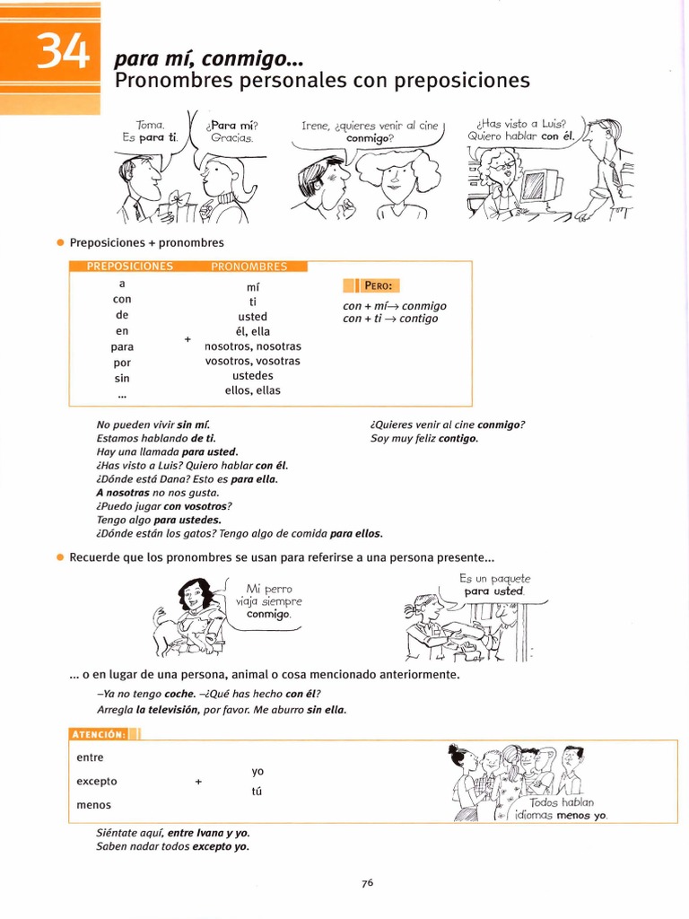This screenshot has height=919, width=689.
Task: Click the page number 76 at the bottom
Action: [x=367, y=882]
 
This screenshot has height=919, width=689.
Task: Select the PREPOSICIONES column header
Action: [x=129, y=267]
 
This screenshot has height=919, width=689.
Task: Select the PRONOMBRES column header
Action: [x=249, y=267]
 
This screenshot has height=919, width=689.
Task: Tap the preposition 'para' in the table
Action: [x=122, y=346]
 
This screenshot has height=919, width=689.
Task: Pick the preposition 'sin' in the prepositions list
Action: [x=122, y=378]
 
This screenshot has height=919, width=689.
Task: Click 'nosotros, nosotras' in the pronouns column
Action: [x=253, y=346]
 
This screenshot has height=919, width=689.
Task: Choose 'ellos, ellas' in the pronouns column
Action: [x=253, y=390]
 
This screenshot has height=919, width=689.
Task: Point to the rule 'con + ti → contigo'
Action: [x=390, y=319]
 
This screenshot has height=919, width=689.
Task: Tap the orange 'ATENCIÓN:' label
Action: [x=100, y=734]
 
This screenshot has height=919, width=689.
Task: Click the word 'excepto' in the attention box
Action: [x=97, y=781]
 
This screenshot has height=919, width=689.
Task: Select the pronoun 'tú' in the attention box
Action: [x=257, y=792]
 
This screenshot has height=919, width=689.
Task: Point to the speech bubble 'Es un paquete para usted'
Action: [x=494, y=585]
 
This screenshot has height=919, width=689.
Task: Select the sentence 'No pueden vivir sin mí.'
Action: [x=153, y=424]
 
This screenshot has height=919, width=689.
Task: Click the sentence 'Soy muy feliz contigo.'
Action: [x=424, y=438]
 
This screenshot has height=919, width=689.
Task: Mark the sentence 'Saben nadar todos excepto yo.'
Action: [x=172, y=845]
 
